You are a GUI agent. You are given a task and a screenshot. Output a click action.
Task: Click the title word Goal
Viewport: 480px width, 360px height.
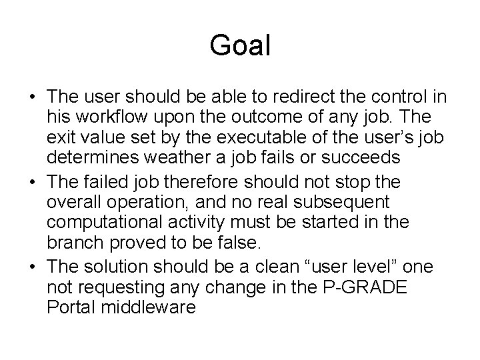click(240, 46)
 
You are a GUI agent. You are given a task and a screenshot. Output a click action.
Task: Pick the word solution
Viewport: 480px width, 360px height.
click(117, 267)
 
